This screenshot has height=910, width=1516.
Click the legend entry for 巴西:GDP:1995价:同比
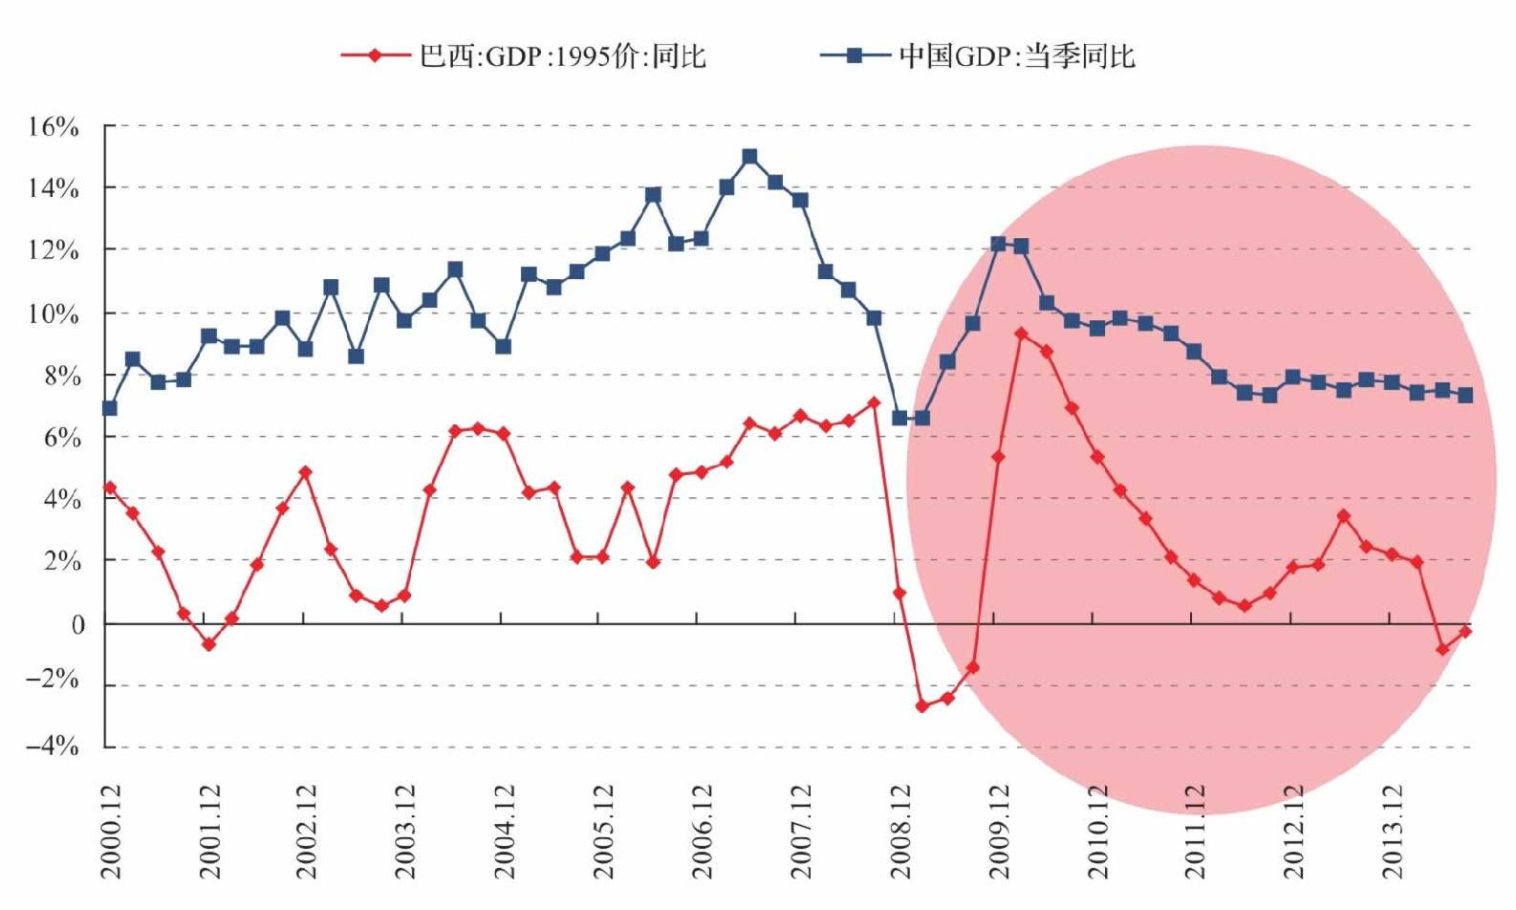(x=523, y=55)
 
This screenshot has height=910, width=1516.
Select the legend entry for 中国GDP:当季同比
(x=977, y=55)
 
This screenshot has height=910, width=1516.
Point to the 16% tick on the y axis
(x=53, y=126)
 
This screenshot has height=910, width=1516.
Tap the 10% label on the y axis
(x=53, y=314)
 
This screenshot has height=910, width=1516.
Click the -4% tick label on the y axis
(x=53, y=747)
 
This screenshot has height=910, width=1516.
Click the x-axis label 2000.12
(x=111, y=832)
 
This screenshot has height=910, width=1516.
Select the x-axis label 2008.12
(x=901, y=832)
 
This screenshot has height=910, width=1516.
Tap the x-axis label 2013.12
(x=1395, y=832)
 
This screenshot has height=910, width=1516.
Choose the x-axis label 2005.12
(x=604, y=832)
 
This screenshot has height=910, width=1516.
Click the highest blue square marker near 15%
(x=750, y=157)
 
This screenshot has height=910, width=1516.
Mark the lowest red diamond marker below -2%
(x=921, y=705)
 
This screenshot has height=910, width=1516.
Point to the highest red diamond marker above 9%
(x=1021, y=334)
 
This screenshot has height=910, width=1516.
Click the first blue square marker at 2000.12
(x=110, y=408)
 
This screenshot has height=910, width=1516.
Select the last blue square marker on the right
(x=1466, y=395)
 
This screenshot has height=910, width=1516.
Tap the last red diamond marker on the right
(x=1466, y=631)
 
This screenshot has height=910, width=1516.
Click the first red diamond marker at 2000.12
(x=110, y=487)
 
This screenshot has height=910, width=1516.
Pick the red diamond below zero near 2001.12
(x=209, y=645)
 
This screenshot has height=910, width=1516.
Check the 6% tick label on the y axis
(x=61, y=439)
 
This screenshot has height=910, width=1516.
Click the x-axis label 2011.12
(x=1197, y=832)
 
